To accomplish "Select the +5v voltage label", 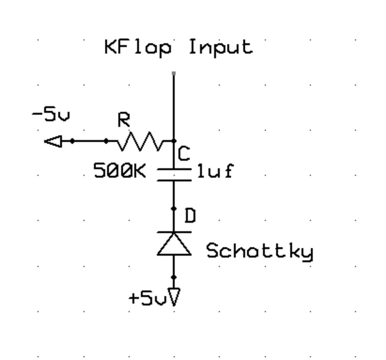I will pos(147,299).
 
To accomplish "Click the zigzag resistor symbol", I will pos(141,142).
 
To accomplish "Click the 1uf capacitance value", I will pos(214,172).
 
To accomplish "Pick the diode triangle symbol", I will pos(173,244).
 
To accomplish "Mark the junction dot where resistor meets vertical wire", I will pos(174,141).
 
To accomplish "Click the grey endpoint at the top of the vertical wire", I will pos(174,73).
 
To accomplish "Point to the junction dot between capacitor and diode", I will pos(174,209).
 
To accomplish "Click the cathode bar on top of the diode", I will pos(173,231).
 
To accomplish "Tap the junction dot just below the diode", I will pos(174,277).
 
